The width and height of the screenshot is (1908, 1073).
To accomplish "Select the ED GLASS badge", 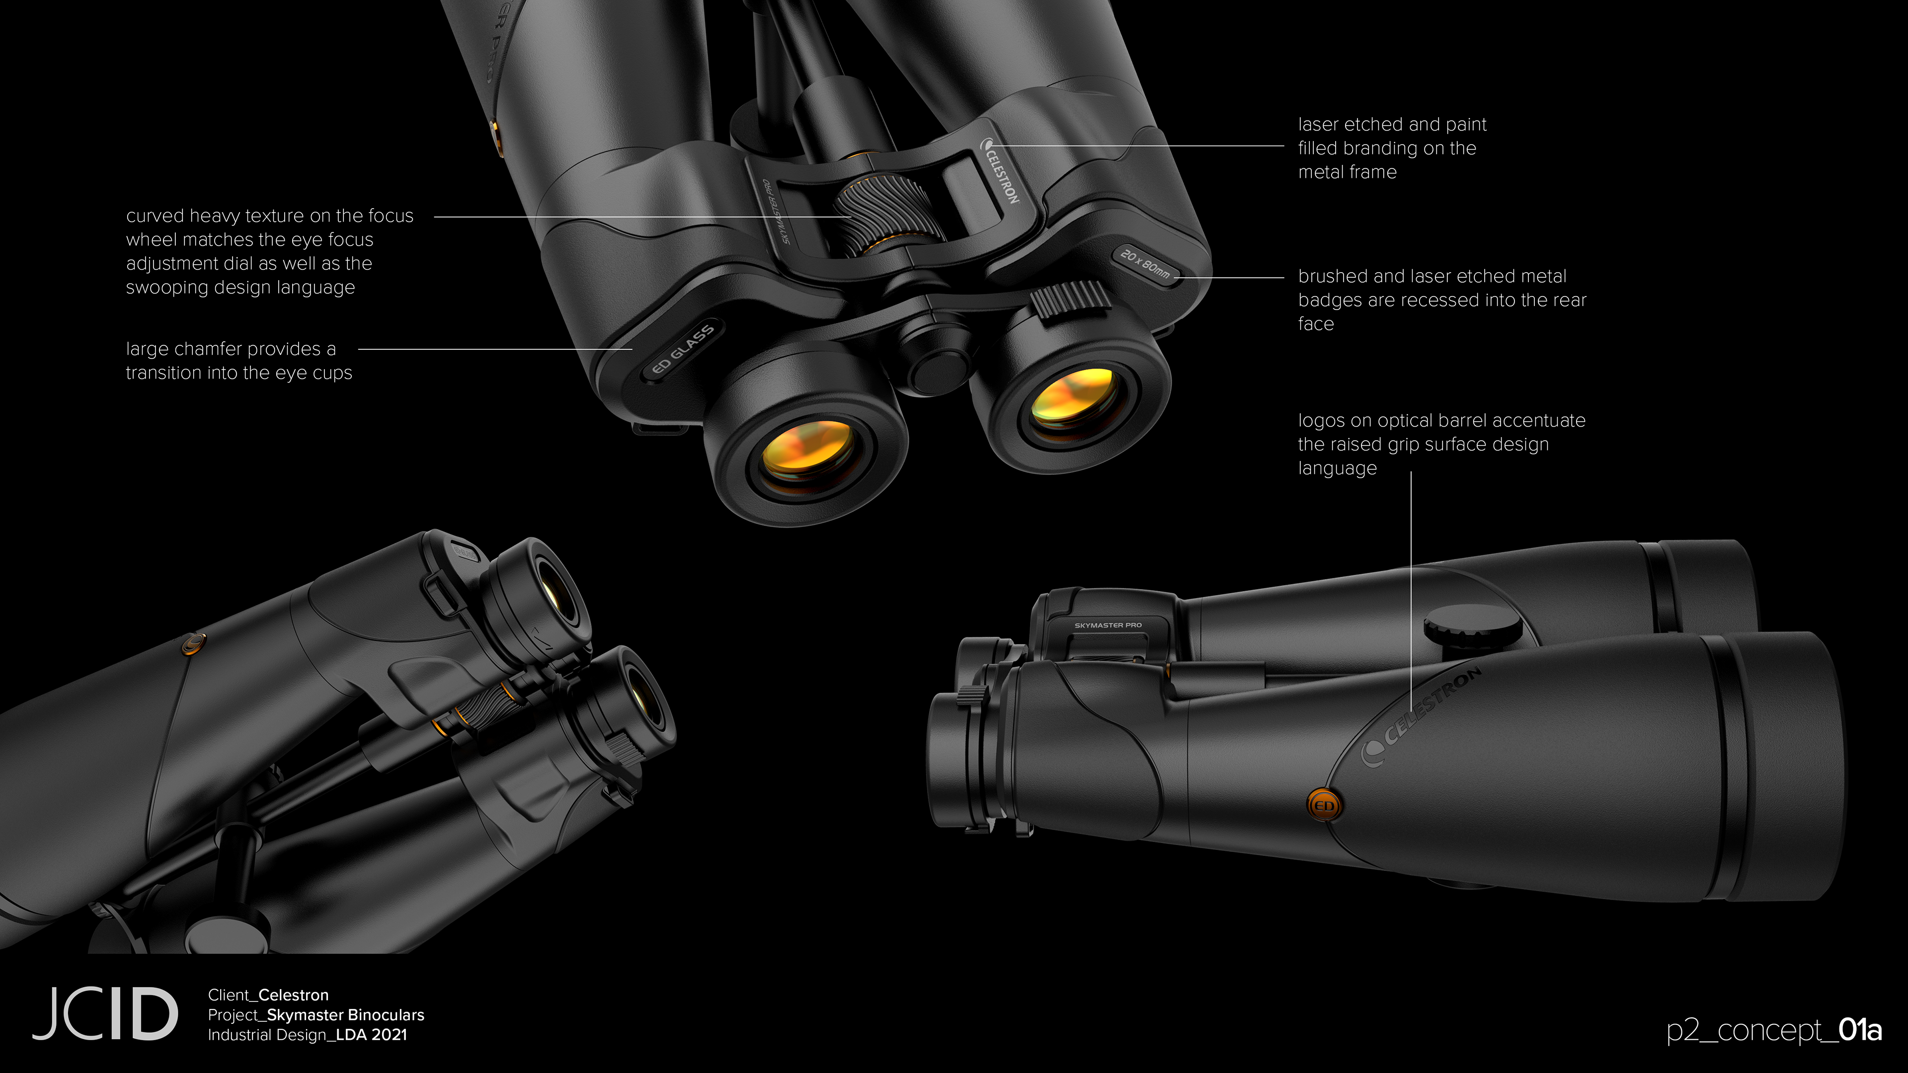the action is coord(682,350).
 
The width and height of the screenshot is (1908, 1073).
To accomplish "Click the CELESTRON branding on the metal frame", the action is coord(1001,172).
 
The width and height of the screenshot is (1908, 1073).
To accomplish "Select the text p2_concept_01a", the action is coord(1773,1030).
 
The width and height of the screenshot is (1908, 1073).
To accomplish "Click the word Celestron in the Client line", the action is coord(293,995).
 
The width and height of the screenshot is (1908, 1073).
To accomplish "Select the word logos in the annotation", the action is coord(1321,421).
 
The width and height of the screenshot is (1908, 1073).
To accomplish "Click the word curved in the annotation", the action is coord(154,216).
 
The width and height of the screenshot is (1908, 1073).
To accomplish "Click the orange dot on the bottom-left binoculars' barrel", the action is coord(193,643).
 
